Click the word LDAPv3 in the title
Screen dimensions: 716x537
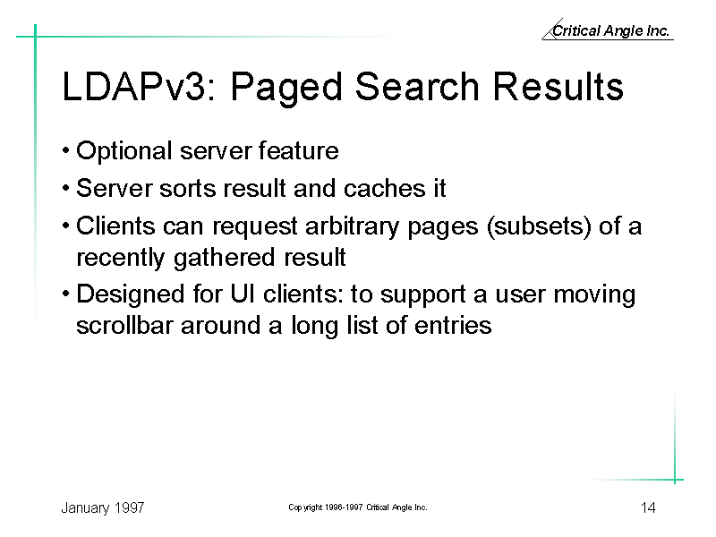138,86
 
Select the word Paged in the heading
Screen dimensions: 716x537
286,89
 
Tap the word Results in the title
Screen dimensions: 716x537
558,86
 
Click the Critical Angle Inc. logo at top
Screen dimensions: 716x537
608,30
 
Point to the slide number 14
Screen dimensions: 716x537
648,507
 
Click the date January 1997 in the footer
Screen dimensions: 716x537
103,508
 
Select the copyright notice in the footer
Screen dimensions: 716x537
357,507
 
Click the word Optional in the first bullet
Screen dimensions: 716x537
124,151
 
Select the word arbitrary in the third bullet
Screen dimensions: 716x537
352,227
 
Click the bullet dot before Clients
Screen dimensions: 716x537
66,226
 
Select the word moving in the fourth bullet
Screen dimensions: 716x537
594,295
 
